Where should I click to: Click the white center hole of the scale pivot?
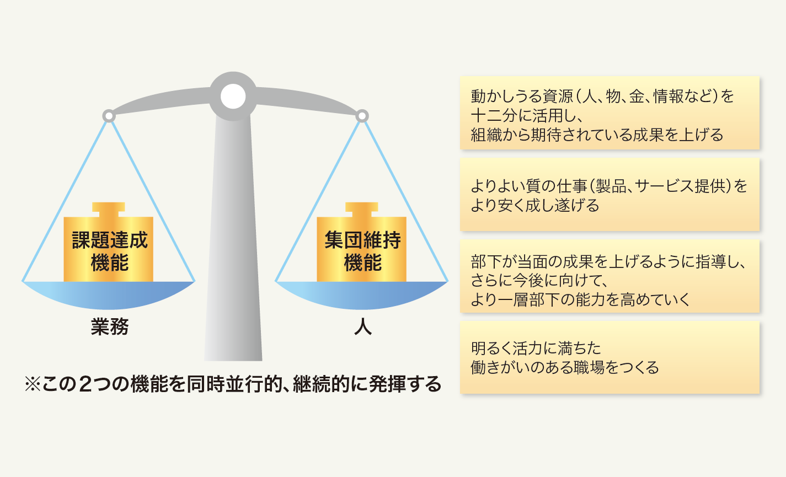coord(233,97)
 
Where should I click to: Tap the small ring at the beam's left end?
coord(109,116)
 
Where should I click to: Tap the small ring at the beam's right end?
coord(362,116)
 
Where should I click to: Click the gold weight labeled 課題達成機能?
coord(109,242)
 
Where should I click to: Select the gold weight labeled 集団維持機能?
coord(362,242)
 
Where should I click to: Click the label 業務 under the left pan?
coord(110,327)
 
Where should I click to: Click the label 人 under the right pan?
coord(363,327)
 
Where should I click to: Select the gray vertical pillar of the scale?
coord(233,238)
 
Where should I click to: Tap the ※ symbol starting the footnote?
coord(33,384)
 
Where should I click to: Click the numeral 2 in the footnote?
coord(85,384)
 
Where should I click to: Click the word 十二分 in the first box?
coord(494,116)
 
